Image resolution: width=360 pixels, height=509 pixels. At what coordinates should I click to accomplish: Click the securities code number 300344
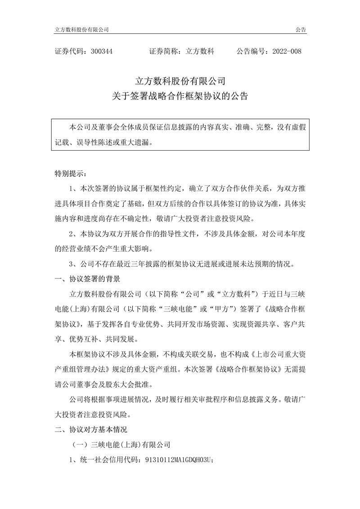101,52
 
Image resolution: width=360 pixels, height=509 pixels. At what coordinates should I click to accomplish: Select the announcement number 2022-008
287,52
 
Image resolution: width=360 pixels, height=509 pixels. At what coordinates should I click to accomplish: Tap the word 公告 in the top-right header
301,29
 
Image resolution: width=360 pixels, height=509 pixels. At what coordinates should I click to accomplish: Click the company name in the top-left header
81,29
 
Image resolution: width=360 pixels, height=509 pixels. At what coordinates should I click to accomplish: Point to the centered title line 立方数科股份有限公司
180,81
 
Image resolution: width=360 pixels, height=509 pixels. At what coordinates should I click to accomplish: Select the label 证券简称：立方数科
182,52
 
